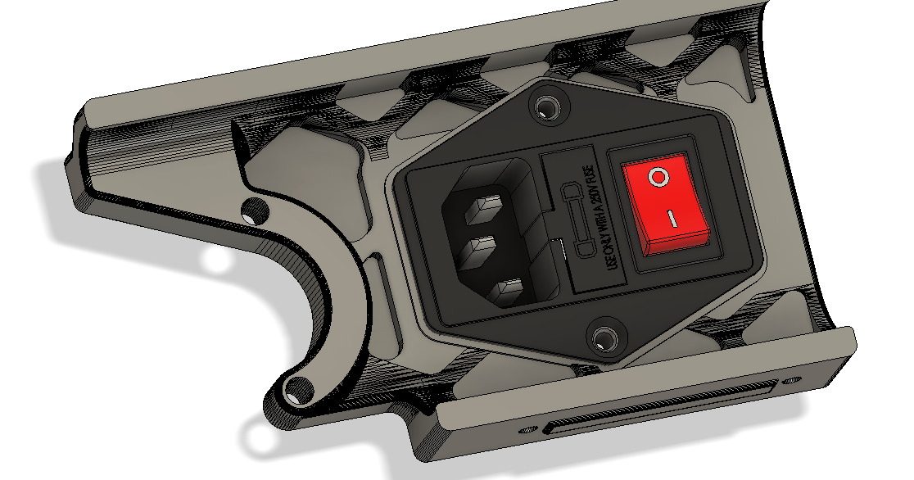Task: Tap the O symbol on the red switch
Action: point(657,176)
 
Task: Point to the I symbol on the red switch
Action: point(671,219)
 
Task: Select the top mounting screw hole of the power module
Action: point(544,106)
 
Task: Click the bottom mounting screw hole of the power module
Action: point(606,337)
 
